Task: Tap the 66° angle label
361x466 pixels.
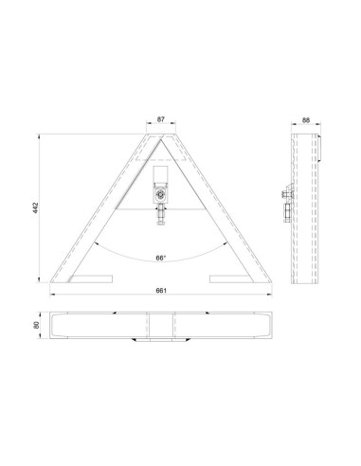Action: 160,257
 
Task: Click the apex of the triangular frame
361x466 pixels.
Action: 160,135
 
